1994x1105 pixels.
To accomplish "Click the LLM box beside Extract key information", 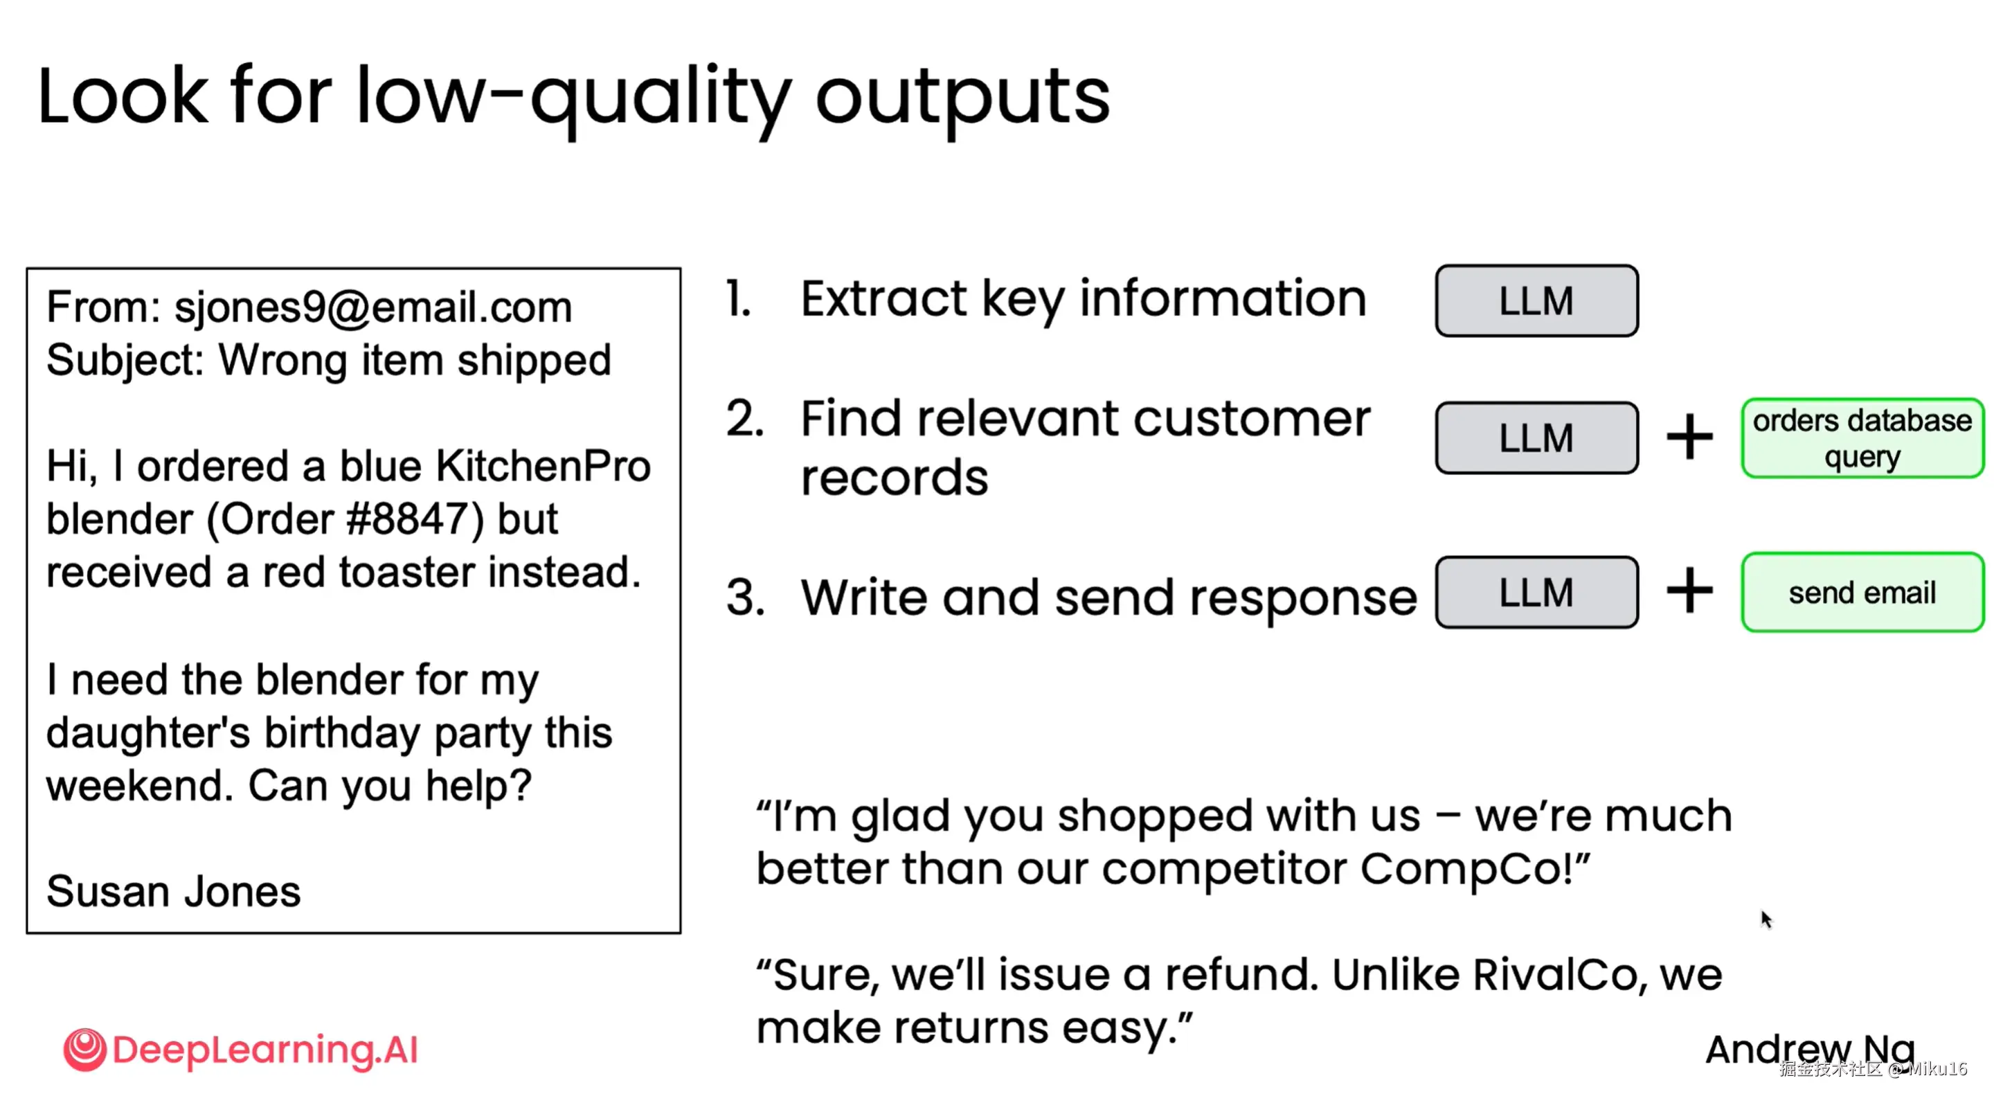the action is point(1536,300).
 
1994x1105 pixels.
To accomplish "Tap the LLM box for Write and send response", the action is point(1536,592).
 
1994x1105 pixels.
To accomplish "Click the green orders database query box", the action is point(1862,438).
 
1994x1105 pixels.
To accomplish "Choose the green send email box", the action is point(1862,592).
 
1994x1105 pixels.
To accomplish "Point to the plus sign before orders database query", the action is point(1689,437).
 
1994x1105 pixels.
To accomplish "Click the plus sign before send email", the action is point(1689,592).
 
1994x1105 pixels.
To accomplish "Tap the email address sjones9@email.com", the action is point(373,308).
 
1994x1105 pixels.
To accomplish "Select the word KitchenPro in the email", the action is point(544,466).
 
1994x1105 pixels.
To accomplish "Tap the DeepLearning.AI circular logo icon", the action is point(84,1050).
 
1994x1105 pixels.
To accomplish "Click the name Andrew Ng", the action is point(1811,1051).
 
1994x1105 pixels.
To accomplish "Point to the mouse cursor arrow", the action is point(1766,919).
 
